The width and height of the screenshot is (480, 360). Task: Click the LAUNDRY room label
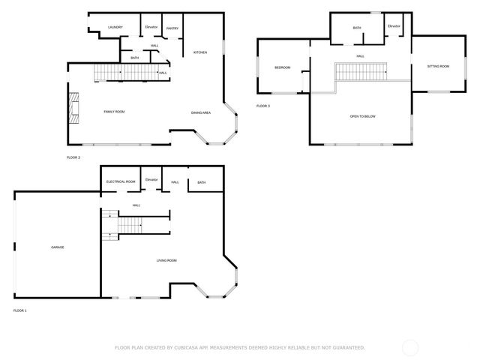(x=115, y=27)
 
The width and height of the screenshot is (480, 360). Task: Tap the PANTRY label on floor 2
(x=172, y=28)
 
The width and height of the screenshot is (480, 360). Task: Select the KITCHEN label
(x=200, y=52)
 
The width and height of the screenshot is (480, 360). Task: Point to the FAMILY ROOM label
(x=114, y=111)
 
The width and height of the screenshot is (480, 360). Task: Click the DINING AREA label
(x=200, y=112)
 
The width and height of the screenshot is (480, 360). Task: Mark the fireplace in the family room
(x=73, y=106)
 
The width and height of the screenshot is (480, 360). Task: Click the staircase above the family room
(x=124, y=72)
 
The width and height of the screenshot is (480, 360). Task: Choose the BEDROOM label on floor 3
(x=282, y=67)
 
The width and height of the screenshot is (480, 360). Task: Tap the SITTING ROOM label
(x=438, y=67)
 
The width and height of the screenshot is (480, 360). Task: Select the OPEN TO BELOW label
(x=362, y=117)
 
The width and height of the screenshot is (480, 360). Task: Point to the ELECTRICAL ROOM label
(x=120, y=181)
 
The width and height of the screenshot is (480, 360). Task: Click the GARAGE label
(x=58, y=247)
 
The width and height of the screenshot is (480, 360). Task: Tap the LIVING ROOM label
(x=166, y=260)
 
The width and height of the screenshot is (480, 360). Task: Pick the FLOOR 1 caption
(x=19, y=310)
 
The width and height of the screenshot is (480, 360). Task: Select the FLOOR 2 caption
(x=73, y=157)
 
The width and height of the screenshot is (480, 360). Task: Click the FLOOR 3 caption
(x=262, y=106)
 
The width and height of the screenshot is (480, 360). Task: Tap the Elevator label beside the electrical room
(x=151, y=180)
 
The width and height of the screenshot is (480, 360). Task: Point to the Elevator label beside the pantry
(x=151, y=27)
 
